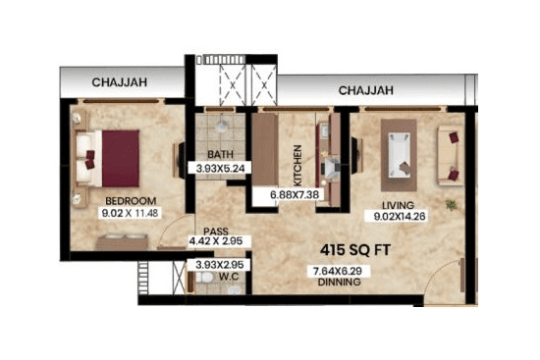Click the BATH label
(x=221, y=154)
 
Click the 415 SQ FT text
(x=356, y=251)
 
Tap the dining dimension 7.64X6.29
(x=337, y=270)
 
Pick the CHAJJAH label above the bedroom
(x=120, y=83)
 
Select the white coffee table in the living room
(x=401, y=153)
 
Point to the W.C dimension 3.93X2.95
(x=220, y=265)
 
